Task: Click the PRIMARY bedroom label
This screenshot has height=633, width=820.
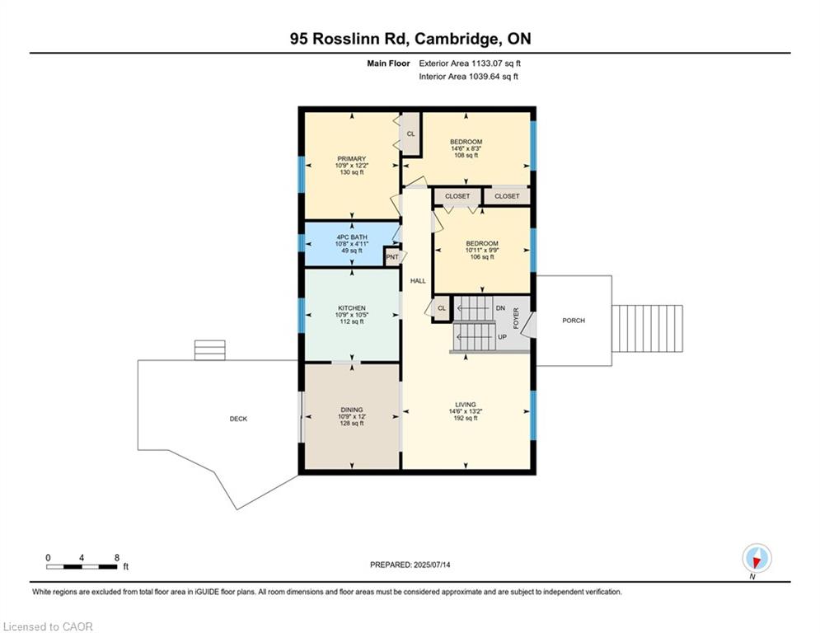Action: coord(351,159)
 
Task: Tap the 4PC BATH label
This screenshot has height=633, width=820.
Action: coord(351,237)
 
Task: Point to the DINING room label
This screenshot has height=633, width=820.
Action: coord(352,410)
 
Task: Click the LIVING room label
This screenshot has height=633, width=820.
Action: coord(466,405)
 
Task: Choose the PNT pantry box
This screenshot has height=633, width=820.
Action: coord(392,257)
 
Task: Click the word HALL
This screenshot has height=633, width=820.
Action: coord(418,281)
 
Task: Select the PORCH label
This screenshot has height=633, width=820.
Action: coord(574,320)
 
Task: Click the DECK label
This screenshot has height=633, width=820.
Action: coord(238,419)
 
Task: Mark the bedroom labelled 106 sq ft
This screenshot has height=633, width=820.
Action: coord(482,250)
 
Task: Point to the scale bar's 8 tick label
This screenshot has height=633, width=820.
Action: coord(117,557)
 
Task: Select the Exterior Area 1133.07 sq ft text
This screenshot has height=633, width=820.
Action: coord(470,63)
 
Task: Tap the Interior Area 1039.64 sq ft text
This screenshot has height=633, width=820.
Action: coord(468,77)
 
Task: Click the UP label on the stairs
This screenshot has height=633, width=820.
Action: coord(500,337)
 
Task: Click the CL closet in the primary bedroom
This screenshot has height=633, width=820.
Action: coord(410,134)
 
